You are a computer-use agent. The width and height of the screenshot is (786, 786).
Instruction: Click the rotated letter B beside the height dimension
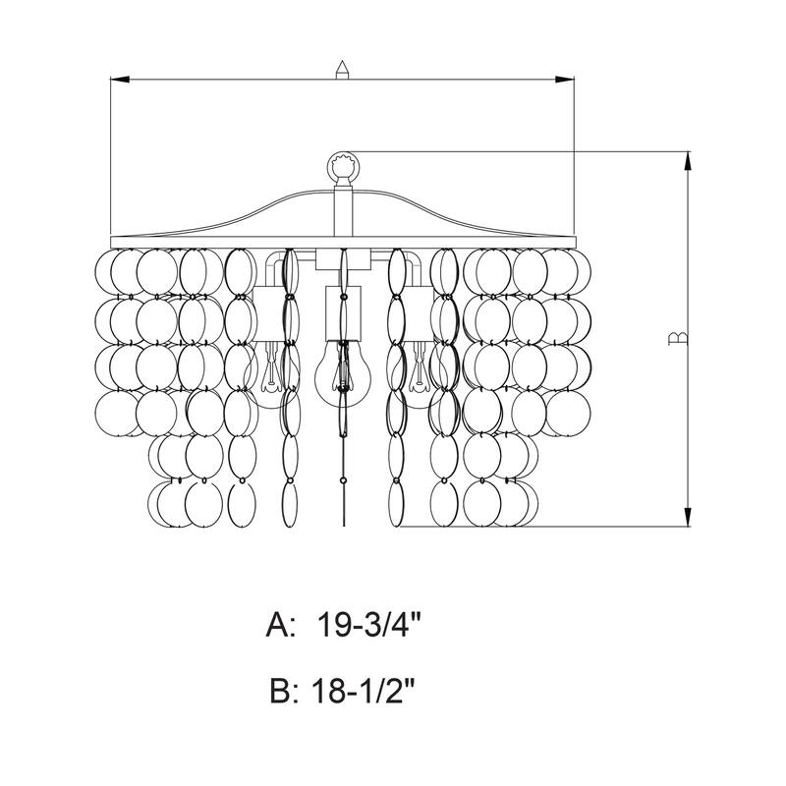[678, 338]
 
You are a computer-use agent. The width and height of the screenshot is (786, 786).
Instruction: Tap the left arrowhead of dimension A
[120, 80]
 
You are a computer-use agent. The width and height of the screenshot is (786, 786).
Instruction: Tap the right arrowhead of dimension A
[564, 80]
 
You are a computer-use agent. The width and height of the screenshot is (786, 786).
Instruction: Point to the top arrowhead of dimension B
[687, 161]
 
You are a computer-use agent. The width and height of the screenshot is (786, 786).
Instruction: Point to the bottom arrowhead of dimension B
[687, 517]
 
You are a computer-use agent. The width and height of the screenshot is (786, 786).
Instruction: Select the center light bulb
[343, 368]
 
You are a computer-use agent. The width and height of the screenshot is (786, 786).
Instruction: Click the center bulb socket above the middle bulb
[343, 313]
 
